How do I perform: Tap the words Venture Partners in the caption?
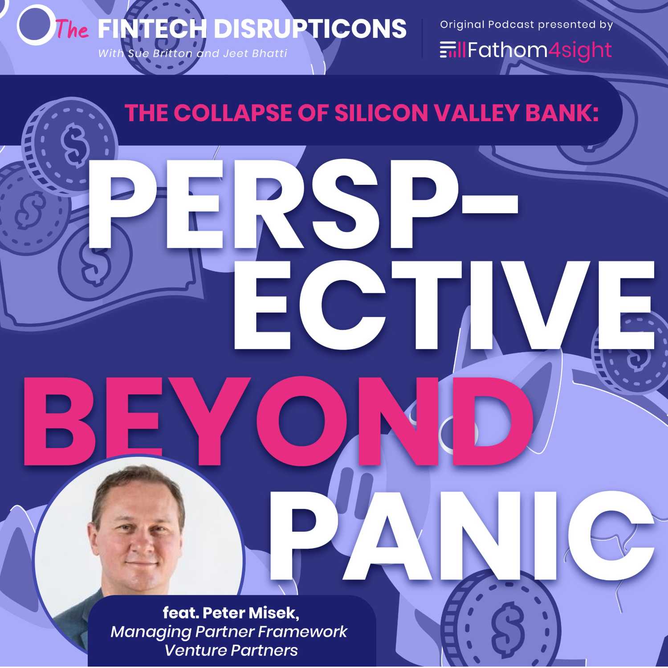231,651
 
